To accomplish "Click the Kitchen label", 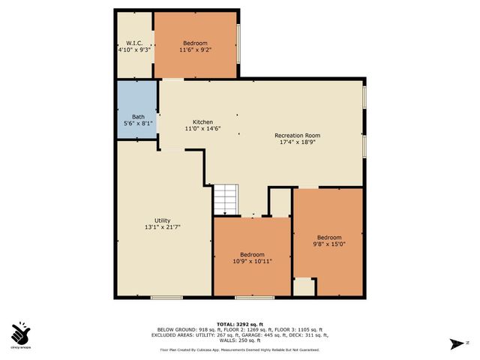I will click(202, 122).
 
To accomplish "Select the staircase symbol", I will click(225, 199).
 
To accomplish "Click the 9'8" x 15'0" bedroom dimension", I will click(328, 244).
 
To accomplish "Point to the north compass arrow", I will click(455, 344).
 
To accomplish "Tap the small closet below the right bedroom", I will click(304, 286).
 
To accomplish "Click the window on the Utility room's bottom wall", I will click(166, 298).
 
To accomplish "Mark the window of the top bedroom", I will click(238, 44).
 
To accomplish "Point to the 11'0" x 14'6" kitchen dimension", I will click(202, 129).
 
